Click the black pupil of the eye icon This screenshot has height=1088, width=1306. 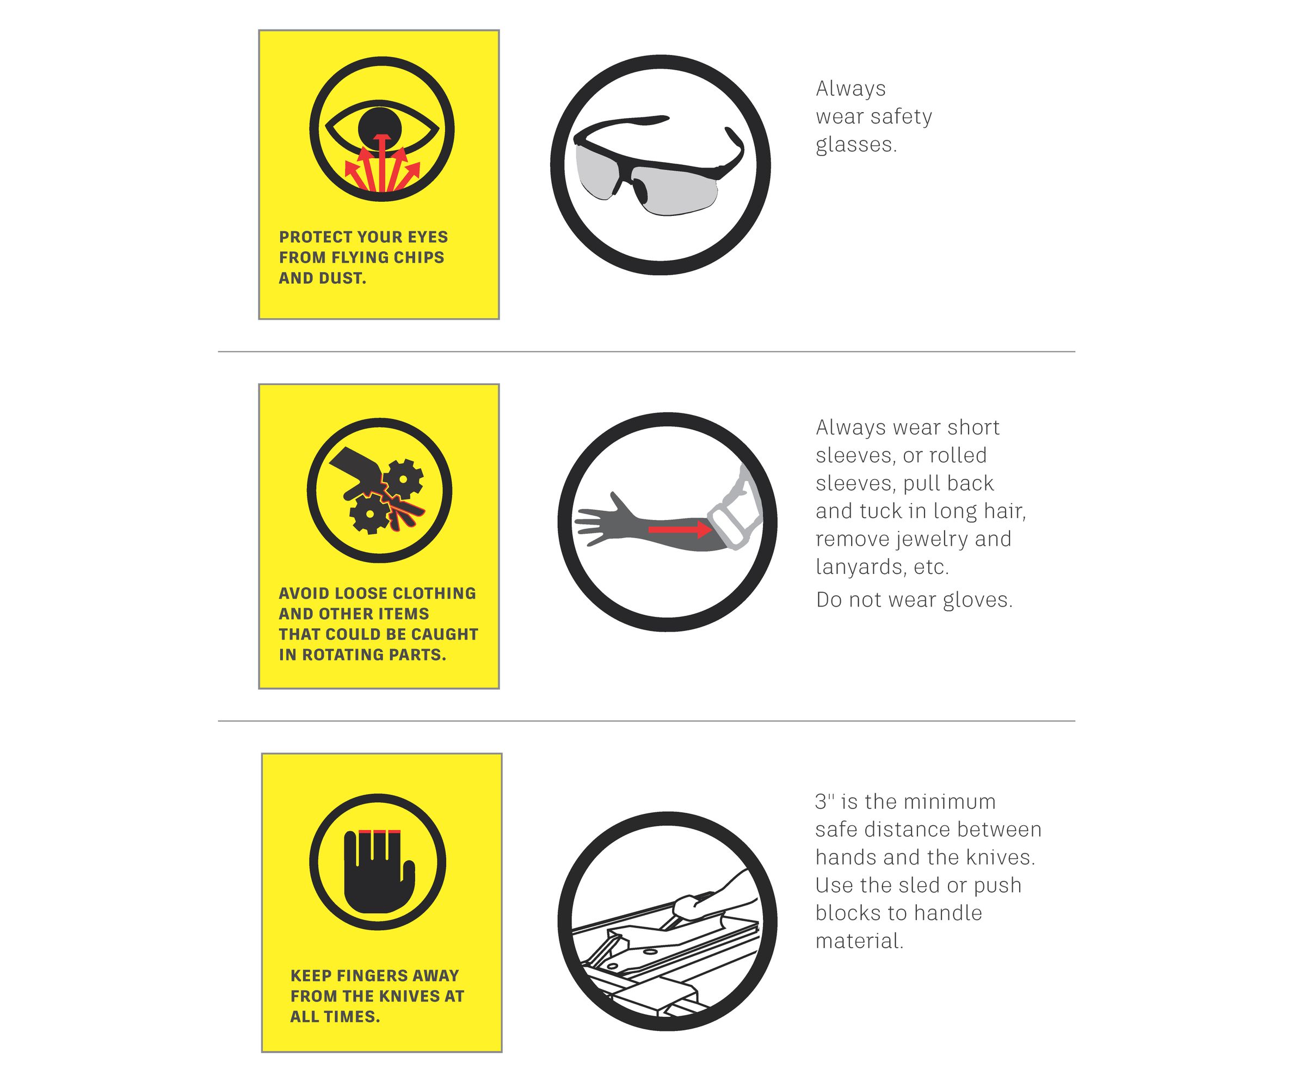click(x=379, y=127)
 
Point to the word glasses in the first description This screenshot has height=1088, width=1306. click(x=856, y=145)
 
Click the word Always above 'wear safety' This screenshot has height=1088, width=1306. click(x=850, y=89)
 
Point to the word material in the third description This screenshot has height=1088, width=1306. click(x=859, y=941)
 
